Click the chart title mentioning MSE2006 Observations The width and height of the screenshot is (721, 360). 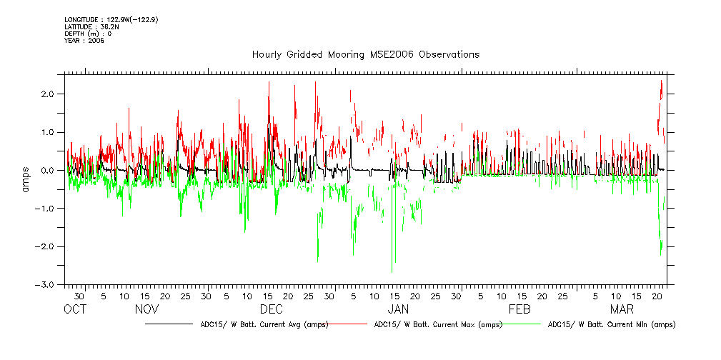click(365, 55)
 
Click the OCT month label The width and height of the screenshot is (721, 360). click(75, 309)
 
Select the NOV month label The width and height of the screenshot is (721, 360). click(146, 309)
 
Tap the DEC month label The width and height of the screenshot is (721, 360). click(271, 309)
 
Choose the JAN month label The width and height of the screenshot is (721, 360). click(397, 309)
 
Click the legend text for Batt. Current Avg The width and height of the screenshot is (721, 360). click(264, 324)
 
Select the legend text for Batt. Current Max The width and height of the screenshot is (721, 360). click(438, 324)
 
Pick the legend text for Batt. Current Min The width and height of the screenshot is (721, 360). click(611, 324)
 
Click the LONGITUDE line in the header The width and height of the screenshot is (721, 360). click(111, 19)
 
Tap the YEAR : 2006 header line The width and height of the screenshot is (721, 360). click(84, 41)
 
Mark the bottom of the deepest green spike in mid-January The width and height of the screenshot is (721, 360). click(392, 272)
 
